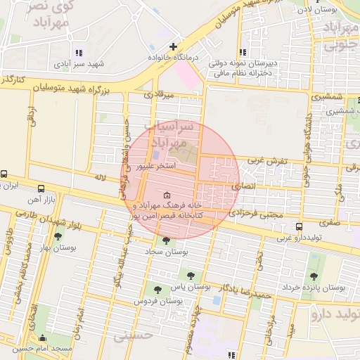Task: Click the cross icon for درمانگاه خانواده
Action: point(173,46)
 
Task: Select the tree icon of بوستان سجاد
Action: point(166,240)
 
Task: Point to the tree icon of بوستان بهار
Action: point(58,236)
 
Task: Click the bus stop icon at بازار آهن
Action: point(40,188)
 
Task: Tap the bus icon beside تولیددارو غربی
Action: point(300,227)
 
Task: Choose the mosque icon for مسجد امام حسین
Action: point(43,337)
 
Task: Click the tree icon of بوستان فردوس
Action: point(157,288)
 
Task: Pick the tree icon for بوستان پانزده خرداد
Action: point(312,276)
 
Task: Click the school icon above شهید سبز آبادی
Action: point(79,53)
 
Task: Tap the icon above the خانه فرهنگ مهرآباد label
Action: point(166,195)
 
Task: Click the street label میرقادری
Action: point(158,94)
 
